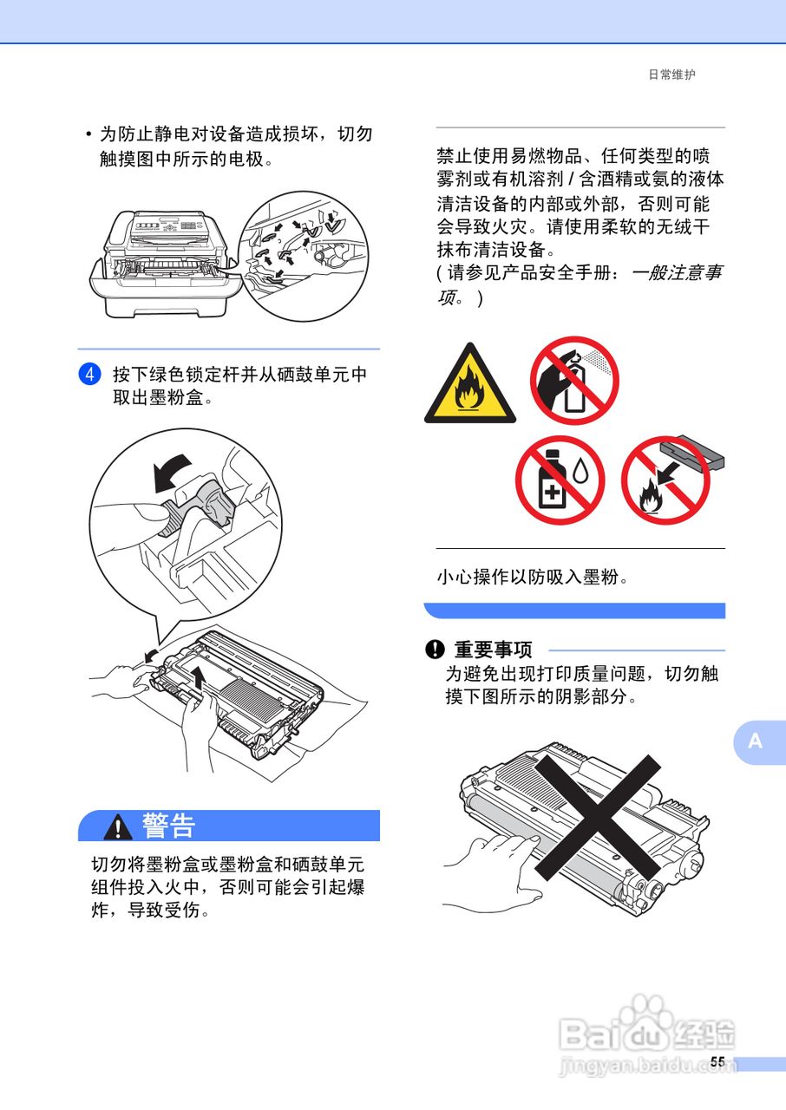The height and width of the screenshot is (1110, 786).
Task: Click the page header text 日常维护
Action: [671, 75]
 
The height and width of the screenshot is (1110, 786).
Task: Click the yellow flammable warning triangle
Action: [469, 384]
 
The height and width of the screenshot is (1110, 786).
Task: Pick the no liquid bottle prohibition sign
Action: [560, 480]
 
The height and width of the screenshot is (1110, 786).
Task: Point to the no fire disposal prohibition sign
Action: [665, 480]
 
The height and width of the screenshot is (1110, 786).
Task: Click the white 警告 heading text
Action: [169, 826]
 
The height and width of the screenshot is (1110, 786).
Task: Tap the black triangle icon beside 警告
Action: [118, 827]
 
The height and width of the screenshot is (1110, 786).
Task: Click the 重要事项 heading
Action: [493, 650]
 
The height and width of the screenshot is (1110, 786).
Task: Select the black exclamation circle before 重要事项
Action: [434, 650]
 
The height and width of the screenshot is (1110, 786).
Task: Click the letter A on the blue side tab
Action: [756, 741]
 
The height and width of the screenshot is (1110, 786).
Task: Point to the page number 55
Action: [717, 1062]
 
